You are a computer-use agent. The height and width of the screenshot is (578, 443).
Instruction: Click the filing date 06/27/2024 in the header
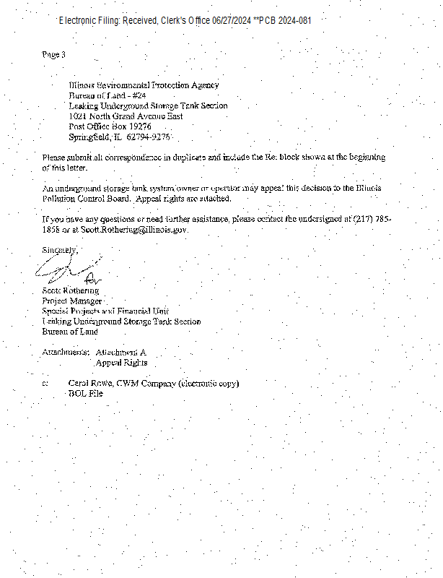point(231,20)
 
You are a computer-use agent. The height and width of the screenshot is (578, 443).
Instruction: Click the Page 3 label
point(54,55)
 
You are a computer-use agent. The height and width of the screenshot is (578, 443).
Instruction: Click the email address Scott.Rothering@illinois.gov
point(134,229)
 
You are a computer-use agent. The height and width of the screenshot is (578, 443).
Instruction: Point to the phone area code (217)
point(364,218)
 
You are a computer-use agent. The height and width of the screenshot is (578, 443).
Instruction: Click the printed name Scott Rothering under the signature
point(71,290)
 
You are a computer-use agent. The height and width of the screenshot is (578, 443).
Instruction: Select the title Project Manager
point(73,301)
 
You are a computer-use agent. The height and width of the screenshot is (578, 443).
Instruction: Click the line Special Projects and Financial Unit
point(105,311)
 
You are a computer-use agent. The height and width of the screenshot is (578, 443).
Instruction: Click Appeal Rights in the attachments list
point(121,363)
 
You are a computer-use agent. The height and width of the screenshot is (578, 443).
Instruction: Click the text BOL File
point(85,394)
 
